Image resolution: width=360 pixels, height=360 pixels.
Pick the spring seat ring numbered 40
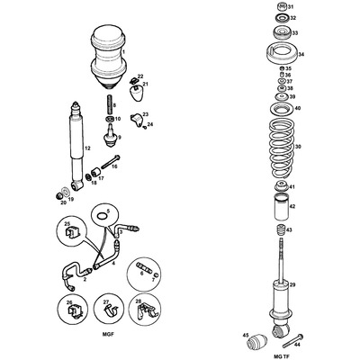278,110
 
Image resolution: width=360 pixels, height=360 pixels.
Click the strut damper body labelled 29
279,297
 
